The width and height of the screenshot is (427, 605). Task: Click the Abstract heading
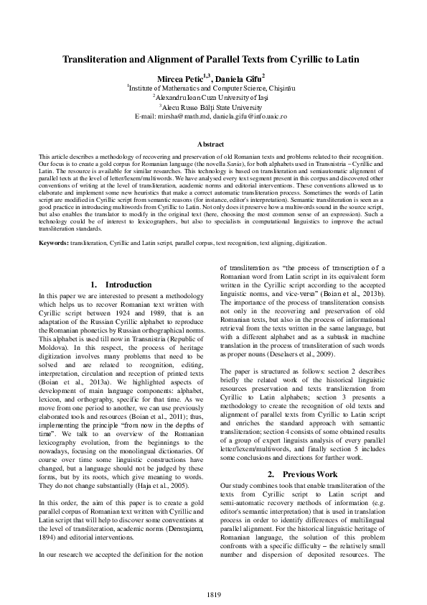212,144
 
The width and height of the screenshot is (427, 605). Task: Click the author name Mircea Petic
187,76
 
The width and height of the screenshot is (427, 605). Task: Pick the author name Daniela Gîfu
241,76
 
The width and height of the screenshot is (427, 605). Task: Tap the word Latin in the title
349,60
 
